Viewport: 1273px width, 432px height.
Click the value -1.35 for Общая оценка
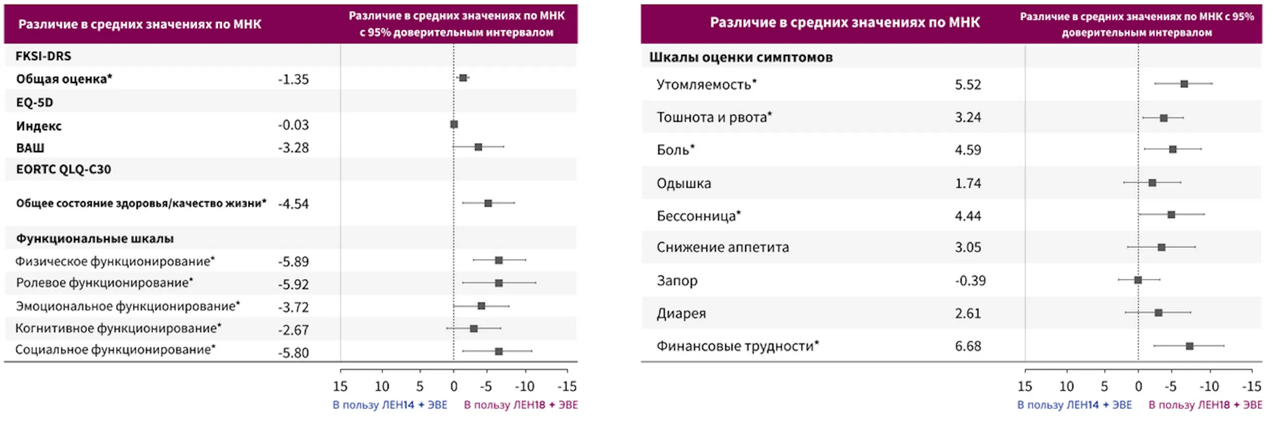pyautogui.click(x=293, y=80)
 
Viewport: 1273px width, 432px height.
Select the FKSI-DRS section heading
pyautogui.click(x=43, y=56)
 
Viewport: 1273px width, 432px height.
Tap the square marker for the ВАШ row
pyautogui.click(x=478, y=147)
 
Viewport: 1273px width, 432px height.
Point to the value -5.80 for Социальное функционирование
pyautogui.click(x=293, y=353)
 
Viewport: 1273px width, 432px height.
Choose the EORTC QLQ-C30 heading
pyautogui.click(x=63, y=170)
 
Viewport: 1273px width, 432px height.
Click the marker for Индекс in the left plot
pyautogui.click(x=454, y=124)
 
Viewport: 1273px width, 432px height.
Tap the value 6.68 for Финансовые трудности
pyautogui.click(x=967, y=346)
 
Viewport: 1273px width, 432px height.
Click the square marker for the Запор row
pyautogui.click(x=1138, y=280)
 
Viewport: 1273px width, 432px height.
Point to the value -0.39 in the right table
pyautogui.click(x=970, y=281)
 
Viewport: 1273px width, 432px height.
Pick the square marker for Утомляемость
pyautogui.click(x=1184, y=84)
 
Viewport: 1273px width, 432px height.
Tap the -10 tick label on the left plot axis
pyautogui.click(x=524, y=386)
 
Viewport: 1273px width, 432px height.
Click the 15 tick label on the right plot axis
pyautogui.click(x=1024, y=386)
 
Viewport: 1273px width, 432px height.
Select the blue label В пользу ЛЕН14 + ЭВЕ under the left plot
pyautogui.click(x=390, y=405)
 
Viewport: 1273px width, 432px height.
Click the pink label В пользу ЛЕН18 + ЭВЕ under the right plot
pyautogui.click(x=1205, y=405)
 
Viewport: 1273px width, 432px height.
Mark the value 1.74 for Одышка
pyautogui.click(x=967, y=183)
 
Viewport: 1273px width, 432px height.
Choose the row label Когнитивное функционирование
pyautogui.click(x=118, y=328)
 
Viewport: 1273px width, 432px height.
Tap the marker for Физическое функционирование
pyautogui.click(x=499, y=260)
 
